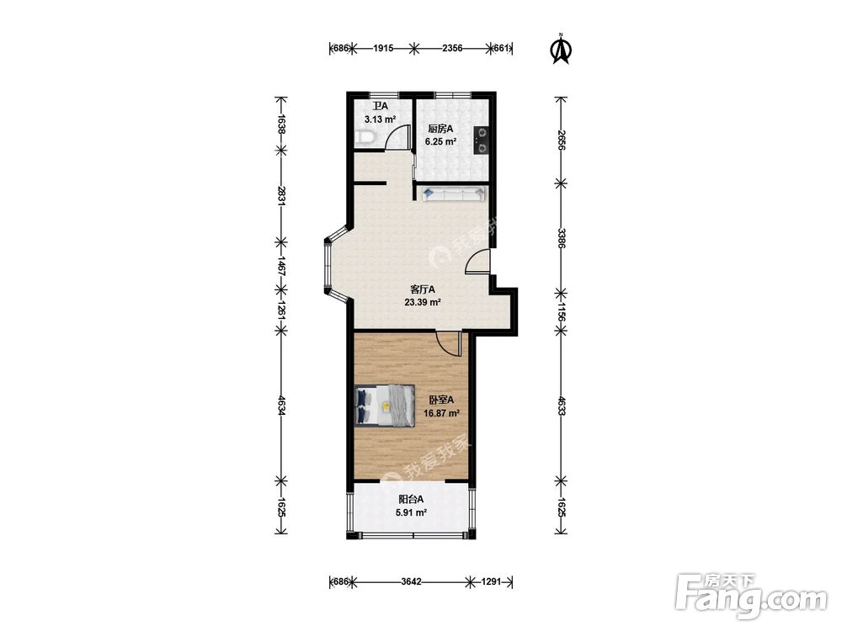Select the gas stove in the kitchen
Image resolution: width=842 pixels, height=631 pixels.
click(x=480, y=141)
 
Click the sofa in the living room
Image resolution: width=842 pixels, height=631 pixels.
click(x=454, y=194)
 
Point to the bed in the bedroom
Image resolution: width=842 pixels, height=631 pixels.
click(x=385, y=406)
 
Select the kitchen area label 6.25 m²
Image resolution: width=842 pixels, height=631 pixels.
click(x=440, y=141)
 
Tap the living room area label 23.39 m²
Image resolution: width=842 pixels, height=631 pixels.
click(x=423, y=302)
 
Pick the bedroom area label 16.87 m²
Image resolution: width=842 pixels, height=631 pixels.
click(x=441, y=413)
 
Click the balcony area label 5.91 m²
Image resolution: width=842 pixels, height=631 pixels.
click(x=412, y=512)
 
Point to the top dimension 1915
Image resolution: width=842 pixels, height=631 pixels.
click(x=383, y=48)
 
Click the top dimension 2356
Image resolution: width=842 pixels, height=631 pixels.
click(x=451, y=48)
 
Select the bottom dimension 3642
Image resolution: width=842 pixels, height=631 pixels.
click(x=412, y=581)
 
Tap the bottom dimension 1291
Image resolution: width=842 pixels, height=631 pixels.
click(x=491, y=581)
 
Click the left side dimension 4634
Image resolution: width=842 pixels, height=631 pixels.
click(x=280, y=405)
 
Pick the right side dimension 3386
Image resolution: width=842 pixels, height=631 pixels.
click(x=561, y=238)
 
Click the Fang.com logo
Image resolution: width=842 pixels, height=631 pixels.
click(x=751, y=595)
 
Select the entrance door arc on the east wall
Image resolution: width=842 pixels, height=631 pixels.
click(x=475, y=262)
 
